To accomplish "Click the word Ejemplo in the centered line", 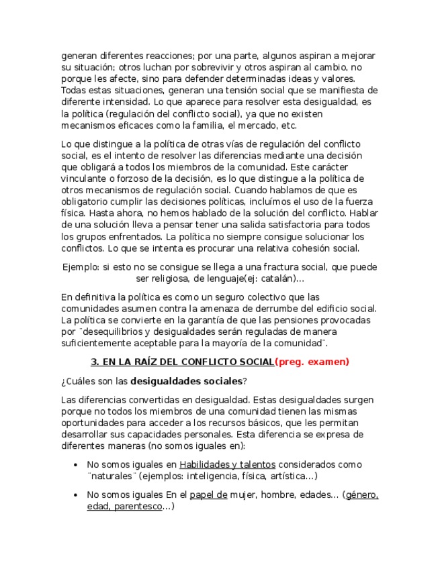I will pos(79,267).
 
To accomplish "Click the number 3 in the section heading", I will pos(94,362).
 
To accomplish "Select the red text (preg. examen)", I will pos(312,362).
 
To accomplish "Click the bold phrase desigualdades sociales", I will pos(186,381).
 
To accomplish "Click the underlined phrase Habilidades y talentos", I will pos(227,464).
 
